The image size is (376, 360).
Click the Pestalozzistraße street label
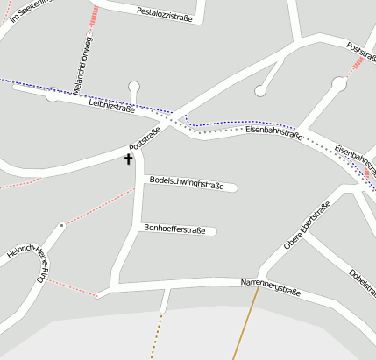(165, 11)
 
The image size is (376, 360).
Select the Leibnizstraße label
(111, 108)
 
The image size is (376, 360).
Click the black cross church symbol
(128, 159)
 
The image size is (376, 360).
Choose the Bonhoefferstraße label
(174, 230)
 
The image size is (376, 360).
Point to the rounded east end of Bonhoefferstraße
(212, 232)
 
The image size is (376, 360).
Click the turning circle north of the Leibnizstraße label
(133, 86)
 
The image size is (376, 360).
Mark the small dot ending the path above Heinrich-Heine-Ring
(61, 225)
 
